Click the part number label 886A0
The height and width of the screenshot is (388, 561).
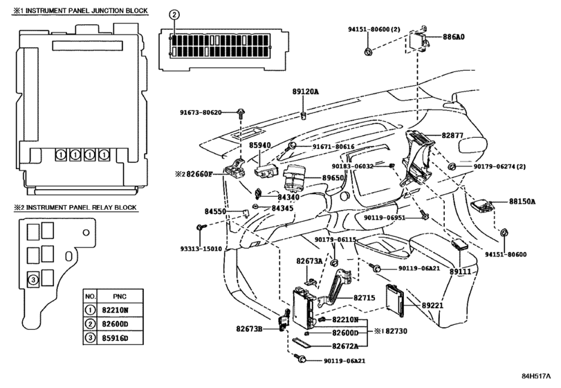pos(454,37)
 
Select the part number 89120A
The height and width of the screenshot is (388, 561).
pos(305,91)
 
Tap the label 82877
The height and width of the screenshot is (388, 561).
pos(452,135)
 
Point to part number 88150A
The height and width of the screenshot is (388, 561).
pos(522,202)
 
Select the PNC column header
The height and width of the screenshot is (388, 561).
pos(120,297)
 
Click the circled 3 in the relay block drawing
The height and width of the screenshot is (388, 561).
pos(33,279)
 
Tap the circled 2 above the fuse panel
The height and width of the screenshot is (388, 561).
pos(174,15)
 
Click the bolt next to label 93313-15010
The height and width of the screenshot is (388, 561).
pos(200,227)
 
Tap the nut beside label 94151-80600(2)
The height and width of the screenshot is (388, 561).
pos(367,51)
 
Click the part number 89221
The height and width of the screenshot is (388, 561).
pos(432,306)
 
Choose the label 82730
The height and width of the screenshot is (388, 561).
pos(396,331)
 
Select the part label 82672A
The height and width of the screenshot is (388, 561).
pos(345,346)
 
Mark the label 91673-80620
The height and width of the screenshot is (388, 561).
pos(201,112)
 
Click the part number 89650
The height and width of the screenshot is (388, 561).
pos(333,178)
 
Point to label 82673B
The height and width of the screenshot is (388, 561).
pos(249,328)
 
